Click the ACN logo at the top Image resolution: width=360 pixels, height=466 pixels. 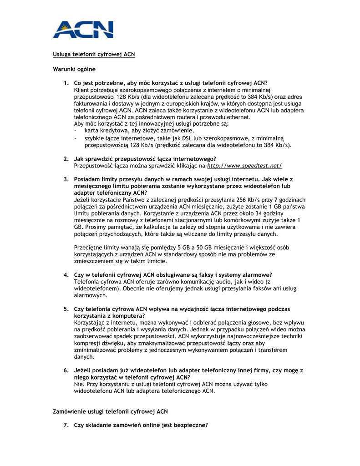tap(83, 29)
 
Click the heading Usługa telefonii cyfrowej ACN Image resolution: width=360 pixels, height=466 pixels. tap(94, 54)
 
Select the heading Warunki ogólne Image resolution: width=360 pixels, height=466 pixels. tap(74, 69)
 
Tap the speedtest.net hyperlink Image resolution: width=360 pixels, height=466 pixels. tap(244, 166)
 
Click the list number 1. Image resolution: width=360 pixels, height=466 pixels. tap(66, 83)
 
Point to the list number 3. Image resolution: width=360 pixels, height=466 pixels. tap(66, 179)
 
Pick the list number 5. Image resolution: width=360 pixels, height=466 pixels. tap(66, 309)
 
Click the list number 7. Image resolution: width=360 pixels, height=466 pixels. tap(66, 425)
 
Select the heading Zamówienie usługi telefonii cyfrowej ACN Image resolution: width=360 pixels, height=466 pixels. tap(111, 411)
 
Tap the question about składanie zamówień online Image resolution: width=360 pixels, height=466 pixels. tap(141, 425)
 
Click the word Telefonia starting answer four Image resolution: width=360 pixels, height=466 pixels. tap(87, 282)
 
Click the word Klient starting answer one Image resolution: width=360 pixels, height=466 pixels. tap(82, 90)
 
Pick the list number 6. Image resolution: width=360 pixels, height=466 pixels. tap(66, 370)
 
